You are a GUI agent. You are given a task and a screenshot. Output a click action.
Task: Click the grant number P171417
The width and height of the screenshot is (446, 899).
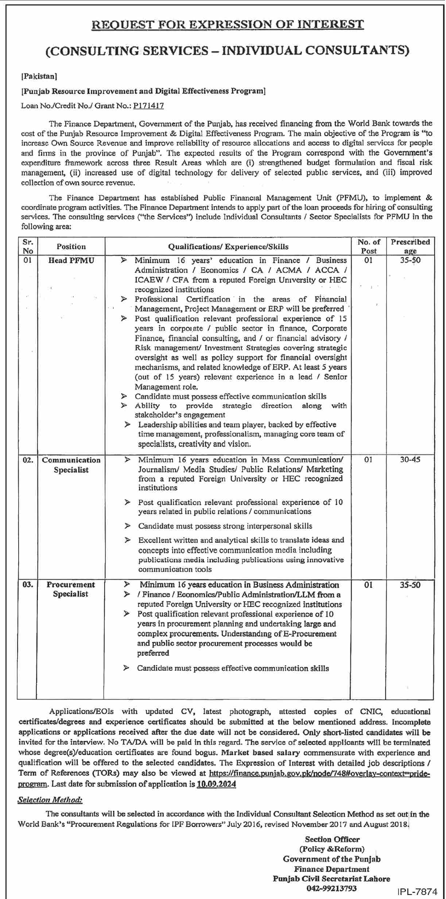click(x=148, y=106)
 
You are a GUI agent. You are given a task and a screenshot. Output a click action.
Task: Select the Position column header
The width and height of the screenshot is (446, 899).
click(x=71, y=246)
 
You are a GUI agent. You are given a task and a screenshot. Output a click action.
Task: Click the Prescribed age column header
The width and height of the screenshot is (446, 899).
click(x=410, y=246)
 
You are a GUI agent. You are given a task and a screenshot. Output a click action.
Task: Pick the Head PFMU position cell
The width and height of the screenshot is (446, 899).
click(x=71, y=260)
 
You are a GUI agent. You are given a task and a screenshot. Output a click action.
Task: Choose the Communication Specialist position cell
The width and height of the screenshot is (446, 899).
click(x=71, y=465)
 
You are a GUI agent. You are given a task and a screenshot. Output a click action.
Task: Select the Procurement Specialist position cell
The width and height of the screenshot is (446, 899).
click(x=71, y=589)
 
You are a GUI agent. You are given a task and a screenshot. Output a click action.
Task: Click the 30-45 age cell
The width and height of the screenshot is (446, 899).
click(x=410, y=460)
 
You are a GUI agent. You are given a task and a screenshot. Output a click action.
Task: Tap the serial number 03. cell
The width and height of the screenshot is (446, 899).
click(x=28, y=584)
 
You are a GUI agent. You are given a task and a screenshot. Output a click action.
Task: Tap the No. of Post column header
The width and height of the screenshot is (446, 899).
click(x=369, y=246)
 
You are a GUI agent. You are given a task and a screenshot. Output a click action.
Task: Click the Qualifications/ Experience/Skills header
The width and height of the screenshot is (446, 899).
click(x=228, y=247)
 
